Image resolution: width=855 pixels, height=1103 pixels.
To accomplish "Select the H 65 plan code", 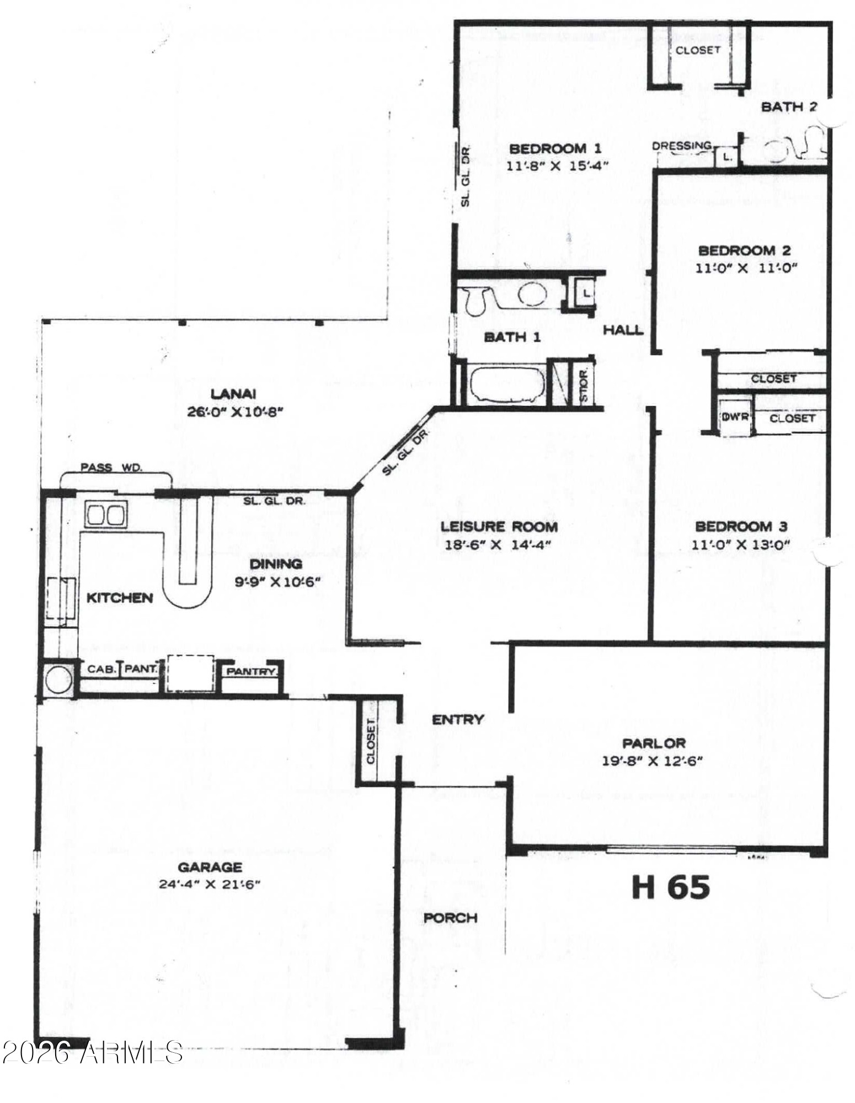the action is (x=670, y=887).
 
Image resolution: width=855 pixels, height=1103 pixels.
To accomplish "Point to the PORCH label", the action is (x=450, y=918).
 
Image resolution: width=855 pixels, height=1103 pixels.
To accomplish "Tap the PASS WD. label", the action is (x=111, y=468).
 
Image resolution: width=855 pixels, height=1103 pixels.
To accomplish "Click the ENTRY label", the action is (x=458, y=719).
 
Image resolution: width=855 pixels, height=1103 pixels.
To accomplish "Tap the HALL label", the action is (x=623, y=330).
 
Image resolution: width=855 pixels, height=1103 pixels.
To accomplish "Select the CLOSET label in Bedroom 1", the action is (x=698, y=50).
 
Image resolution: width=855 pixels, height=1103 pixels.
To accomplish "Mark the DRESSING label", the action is (x=682, y=146).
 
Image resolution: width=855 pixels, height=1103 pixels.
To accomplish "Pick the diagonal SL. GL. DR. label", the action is (x=405, y=452).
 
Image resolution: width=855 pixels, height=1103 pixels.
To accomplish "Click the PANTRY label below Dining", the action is (x=251, y=672).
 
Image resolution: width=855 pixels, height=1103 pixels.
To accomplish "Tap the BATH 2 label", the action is (x=789, y=107).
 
